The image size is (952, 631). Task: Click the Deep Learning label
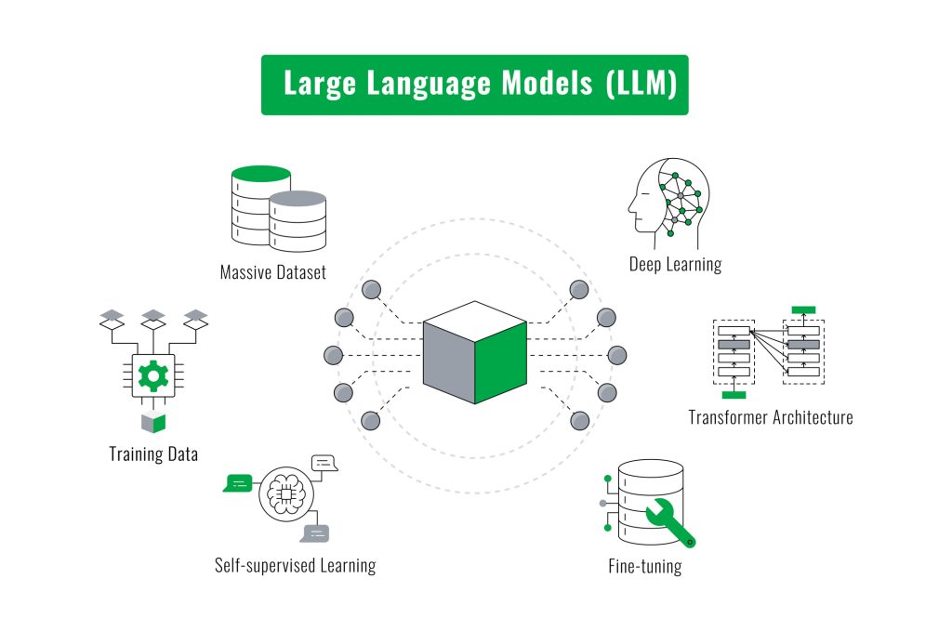tap(675, 265)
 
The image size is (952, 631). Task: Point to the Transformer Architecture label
tap(770, 417)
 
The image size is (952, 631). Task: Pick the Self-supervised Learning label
tap(295, 565)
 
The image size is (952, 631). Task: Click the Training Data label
tap(153, 454)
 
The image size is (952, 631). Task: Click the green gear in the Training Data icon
tap(150, 375)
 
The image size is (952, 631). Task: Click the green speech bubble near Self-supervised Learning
tap(239, 482)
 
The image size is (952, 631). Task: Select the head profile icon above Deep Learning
tap(663, 196)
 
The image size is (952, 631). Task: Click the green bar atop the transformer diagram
tap(803, 309)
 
